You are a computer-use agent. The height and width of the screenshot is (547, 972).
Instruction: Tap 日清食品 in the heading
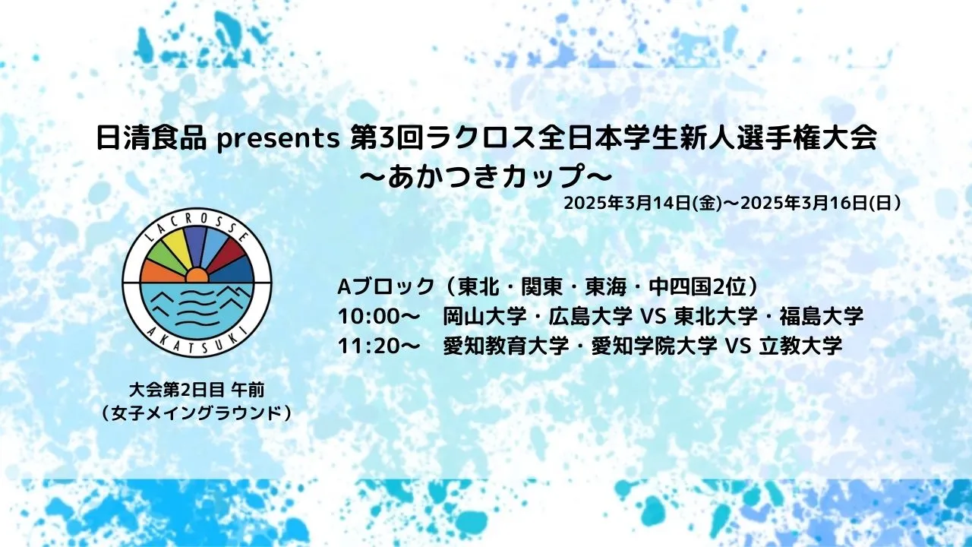151,138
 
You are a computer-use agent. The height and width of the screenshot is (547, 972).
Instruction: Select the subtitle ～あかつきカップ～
485,177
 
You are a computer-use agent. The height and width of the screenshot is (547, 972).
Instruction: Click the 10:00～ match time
378,317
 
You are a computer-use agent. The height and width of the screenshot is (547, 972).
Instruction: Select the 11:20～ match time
378,346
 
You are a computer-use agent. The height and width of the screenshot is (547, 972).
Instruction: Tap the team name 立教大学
800,346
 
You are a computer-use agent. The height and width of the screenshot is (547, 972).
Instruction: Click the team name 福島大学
822,316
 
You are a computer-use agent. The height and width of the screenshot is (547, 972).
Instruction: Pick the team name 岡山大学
484,316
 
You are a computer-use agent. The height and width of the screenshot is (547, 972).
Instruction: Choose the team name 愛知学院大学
654,346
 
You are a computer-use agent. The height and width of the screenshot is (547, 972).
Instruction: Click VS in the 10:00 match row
654,317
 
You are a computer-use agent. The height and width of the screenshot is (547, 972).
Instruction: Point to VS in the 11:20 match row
737,346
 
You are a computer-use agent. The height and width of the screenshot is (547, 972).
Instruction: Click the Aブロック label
386,286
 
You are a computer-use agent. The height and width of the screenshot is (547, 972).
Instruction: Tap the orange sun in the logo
197,275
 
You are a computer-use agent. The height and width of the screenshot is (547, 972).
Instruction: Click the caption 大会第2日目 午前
197,390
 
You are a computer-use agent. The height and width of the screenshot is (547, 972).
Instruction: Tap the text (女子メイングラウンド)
196,413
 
